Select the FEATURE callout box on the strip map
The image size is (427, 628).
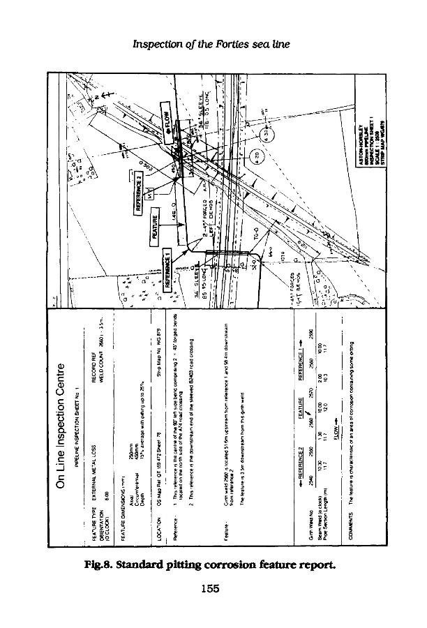(x=157, y=225)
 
